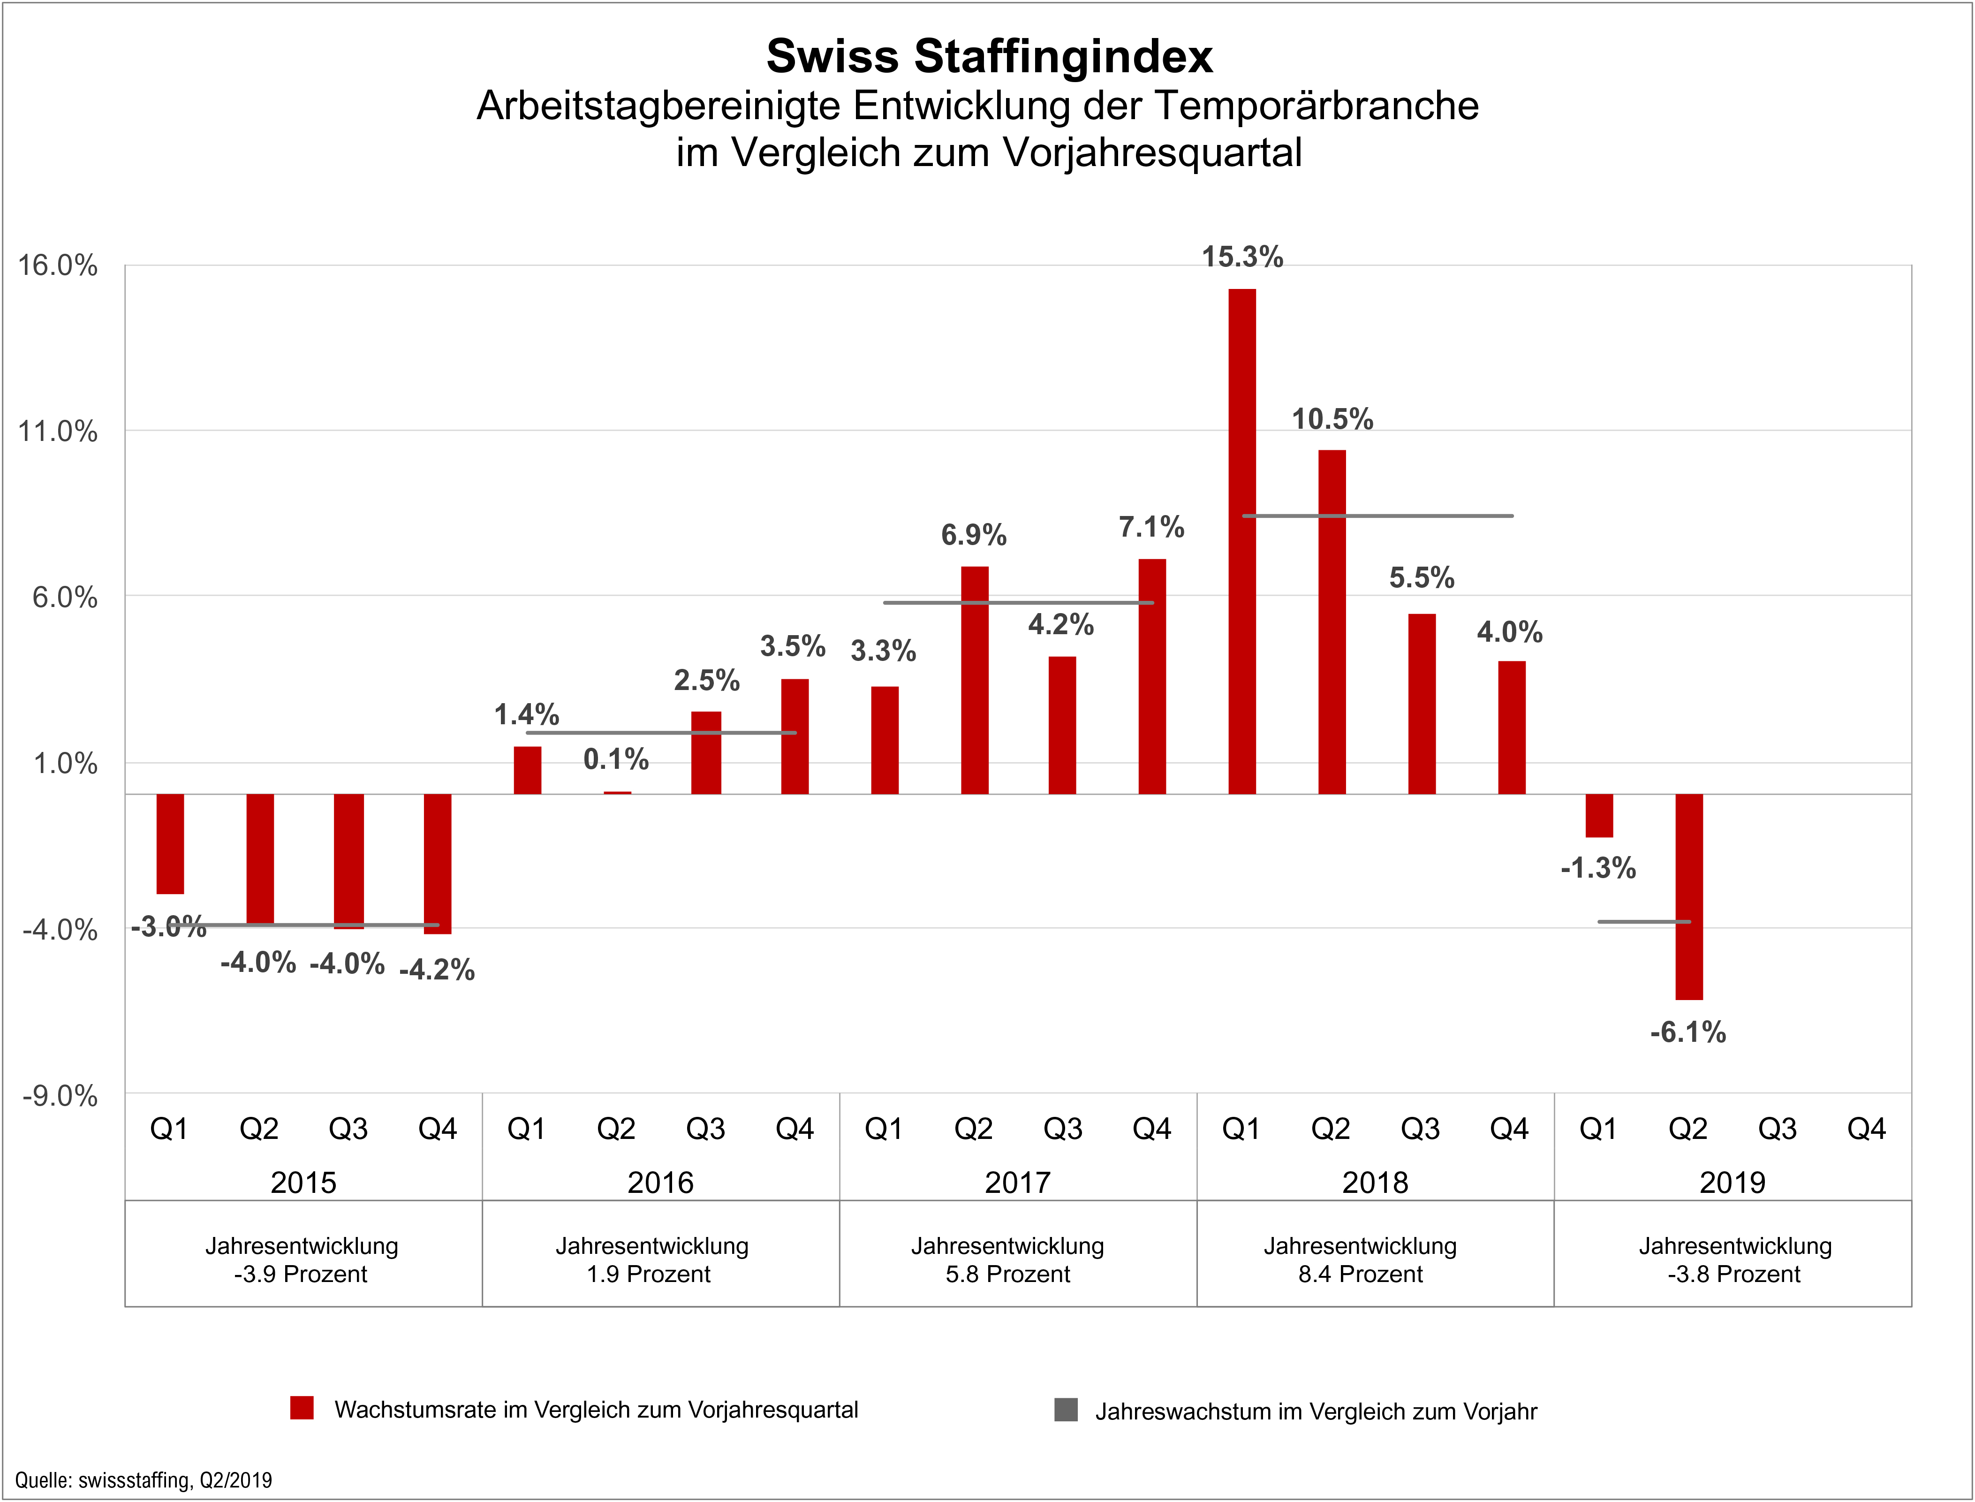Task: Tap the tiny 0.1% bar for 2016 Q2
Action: [617, 792]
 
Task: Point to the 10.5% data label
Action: [1332, 418]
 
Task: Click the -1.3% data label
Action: [1598, 867]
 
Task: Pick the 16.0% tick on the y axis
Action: [58, 266]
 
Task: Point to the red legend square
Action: [302, 1408]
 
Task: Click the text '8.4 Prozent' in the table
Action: [1360, 1274]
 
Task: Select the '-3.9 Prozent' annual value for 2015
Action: [301, 1274]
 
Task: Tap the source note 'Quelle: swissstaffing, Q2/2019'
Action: [143, 1479]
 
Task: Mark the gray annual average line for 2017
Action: [1019, 603]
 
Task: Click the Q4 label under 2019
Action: [1866, 1129]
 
